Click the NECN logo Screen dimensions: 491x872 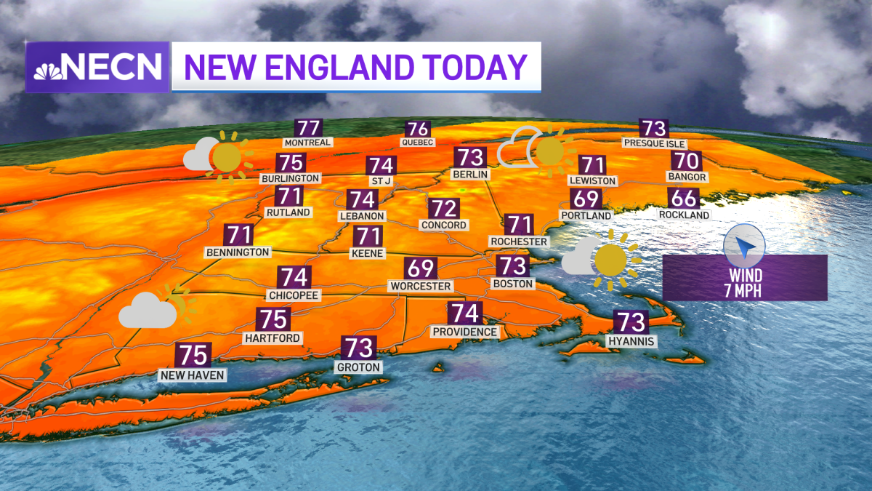(98, 67)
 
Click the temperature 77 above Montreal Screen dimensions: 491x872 (308, 127)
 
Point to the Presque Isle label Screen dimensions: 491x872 (654, 143)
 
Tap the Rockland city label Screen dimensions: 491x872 (684, 215)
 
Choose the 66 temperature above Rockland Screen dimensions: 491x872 (685, 198)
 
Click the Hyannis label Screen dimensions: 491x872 (632, 340)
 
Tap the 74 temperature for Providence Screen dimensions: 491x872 (464, 314)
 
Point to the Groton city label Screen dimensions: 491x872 (358, 367)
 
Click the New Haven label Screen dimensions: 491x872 (193, 375)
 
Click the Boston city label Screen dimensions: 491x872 (513, 283)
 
